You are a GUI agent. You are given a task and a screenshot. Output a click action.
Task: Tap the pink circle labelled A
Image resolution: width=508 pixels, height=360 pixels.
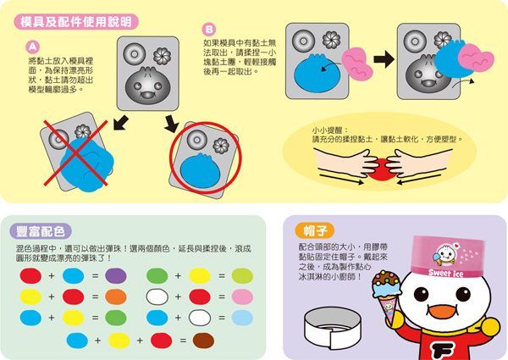tap(32, 46)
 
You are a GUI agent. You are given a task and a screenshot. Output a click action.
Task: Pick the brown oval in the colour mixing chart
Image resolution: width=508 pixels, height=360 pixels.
tap(203, 340)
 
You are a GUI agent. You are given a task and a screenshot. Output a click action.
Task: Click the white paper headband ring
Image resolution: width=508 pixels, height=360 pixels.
tap(345, 325)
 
